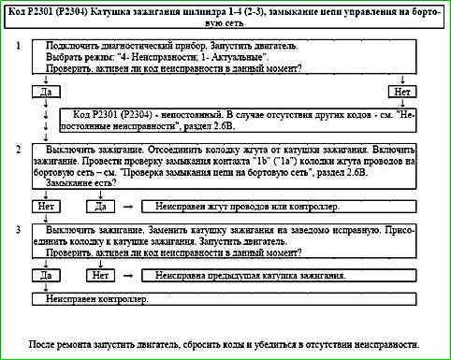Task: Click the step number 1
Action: [20, 46]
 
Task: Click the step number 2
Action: [20, 150]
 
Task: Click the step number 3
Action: [20, 230]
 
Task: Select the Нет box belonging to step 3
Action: [102, 276]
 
